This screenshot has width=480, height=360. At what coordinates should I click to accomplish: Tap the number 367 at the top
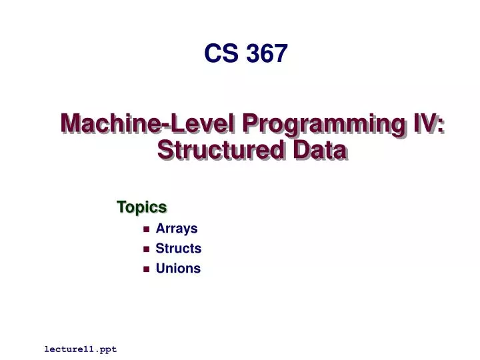click(267, 53)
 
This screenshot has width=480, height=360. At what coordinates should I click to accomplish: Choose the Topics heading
click(141, 207)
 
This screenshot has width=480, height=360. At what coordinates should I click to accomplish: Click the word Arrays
click(177, 229)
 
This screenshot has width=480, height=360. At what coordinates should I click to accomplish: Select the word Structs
click(178, 249)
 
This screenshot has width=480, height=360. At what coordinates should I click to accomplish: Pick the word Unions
click(178, 269)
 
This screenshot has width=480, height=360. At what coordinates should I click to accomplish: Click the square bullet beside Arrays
click(146, 229)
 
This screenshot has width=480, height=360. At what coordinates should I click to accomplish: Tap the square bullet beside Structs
click(146, 249)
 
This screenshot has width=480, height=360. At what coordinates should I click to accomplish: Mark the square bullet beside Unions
click(146, 269)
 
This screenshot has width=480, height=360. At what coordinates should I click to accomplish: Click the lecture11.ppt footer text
click(81, 349)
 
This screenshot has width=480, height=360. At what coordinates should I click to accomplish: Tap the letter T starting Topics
click(121, 207)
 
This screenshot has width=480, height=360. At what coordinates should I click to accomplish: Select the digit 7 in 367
click(281, 53)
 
